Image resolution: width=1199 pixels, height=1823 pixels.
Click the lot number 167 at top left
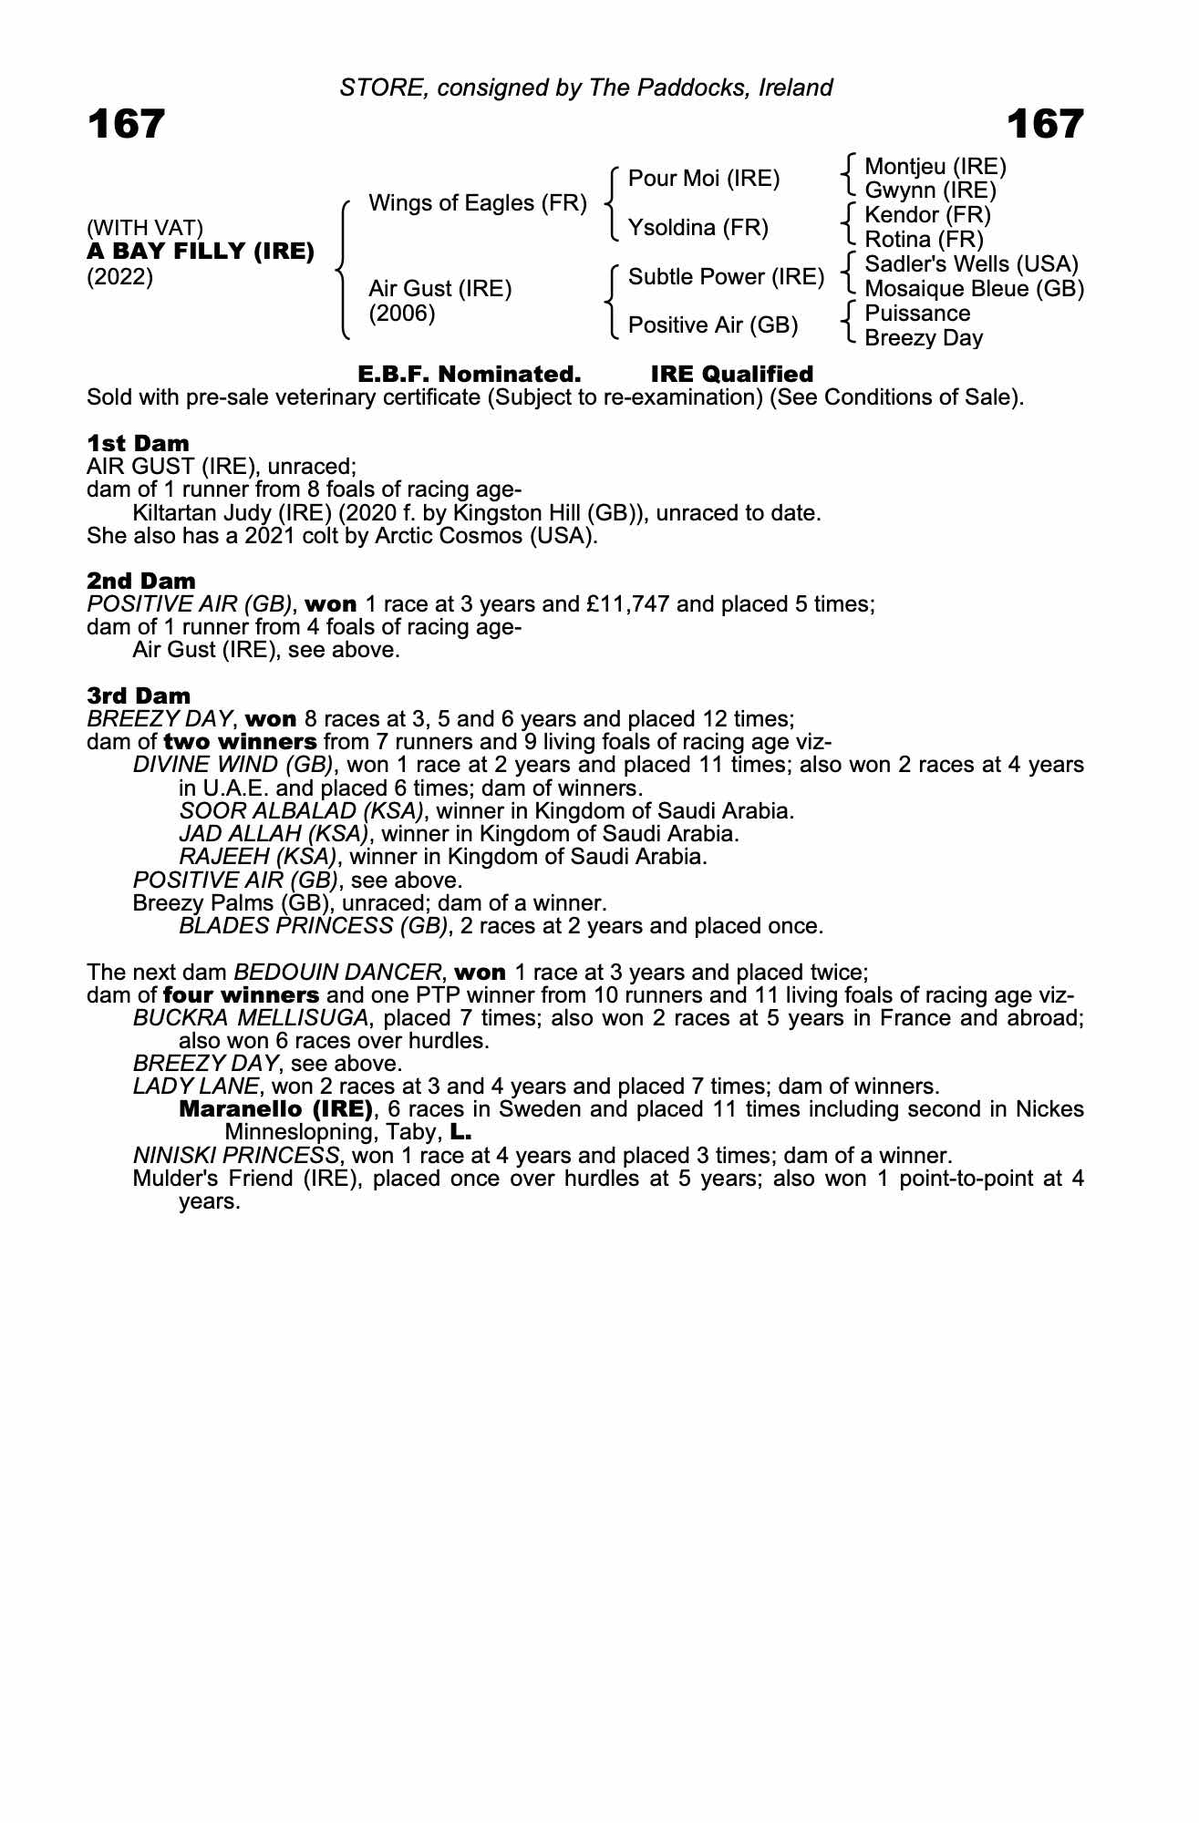click(126, 124)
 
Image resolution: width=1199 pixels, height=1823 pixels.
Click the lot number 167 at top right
click(1045, 124)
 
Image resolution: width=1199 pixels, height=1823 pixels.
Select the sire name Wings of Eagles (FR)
click(477, 203)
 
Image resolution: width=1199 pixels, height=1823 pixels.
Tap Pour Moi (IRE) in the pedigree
click(704, 179)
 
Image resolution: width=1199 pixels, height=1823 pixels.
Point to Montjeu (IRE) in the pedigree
click(935, 167)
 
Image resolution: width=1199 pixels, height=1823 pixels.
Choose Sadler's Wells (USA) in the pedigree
click(971, 264)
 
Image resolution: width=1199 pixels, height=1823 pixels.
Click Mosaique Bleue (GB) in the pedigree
click(974, 289)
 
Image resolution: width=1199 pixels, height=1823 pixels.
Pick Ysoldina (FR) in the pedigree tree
click(698, 227)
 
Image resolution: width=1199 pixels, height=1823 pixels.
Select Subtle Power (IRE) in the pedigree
click(726, 277)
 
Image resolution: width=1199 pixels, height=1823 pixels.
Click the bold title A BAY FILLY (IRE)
click(201, 251)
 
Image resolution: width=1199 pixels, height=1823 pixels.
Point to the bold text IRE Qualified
click(731, 375)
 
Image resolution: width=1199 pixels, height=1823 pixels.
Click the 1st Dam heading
click(138, 444)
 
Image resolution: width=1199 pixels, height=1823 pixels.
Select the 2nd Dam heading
click(140, 582)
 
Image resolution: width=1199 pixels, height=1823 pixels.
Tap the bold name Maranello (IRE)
click(276, 1109)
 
